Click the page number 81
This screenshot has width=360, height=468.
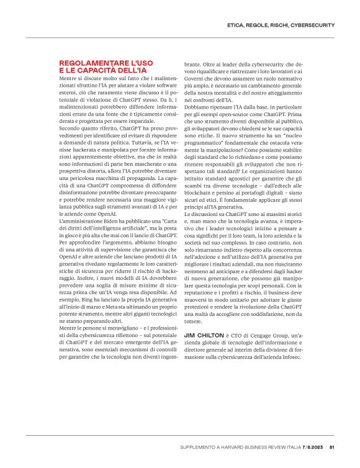tap(332, 446)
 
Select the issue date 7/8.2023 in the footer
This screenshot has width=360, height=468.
tap(313, 446)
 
